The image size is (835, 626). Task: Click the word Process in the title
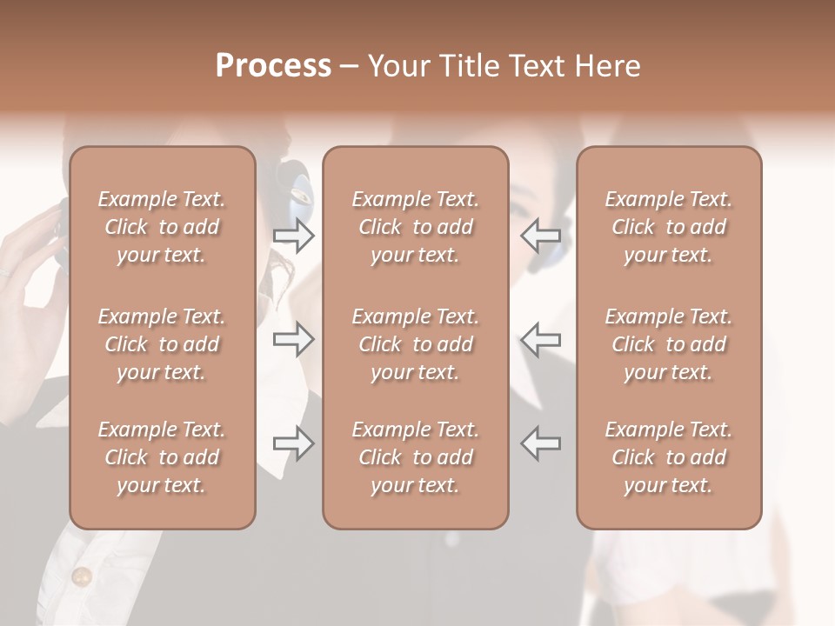(273, 66)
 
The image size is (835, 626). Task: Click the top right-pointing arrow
(293, 236)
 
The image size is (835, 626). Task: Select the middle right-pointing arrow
(293, 339)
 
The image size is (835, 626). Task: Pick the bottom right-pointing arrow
(293, 443)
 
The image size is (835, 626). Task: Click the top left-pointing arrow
(541, 236)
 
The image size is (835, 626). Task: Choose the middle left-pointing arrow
(541, 339)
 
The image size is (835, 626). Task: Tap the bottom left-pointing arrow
(541, 443)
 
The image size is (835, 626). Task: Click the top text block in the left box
(162, 227)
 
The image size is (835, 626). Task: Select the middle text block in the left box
(162, 344)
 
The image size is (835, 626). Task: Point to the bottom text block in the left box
(162, 457)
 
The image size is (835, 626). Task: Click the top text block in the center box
(416, 227)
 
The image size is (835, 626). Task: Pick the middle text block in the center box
(416, 344)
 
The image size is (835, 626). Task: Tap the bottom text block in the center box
(416, 457)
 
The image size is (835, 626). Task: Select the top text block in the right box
(669, 227)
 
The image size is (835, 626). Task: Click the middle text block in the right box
(669, 344)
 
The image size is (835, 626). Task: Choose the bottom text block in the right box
(669, 457)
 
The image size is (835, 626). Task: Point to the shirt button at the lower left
(82, 576)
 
